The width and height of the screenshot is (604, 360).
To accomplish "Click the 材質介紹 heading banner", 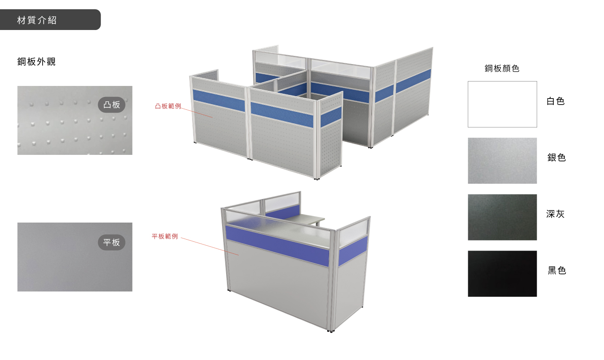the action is (x=50, y=20).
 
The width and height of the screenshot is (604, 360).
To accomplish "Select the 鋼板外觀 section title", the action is (x=36, y=62).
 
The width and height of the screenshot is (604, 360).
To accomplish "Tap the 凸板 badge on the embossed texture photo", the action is (x=111, y=105).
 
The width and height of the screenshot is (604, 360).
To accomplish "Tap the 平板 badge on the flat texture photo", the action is (x=111, y=242).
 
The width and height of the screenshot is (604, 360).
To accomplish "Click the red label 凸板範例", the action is (x=168, y=106).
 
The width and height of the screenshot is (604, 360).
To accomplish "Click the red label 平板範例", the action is (x=165, y=236).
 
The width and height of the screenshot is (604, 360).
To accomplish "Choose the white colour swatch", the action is (x=502, y=104).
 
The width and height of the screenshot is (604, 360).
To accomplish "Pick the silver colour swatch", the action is (x=502, y=161).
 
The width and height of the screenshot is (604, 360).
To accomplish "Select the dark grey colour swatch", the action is (x=502, y=217).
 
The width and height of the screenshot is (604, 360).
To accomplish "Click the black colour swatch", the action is (x=502, y=274).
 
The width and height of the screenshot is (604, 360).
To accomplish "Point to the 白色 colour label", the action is (x=555, y=101).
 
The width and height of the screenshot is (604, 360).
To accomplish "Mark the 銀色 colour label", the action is (x=557, y=157).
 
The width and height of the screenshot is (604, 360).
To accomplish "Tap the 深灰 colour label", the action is (x=555, y=214).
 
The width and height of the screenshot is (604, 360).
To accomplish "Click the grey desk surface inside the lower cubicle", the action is (x=307, y=219).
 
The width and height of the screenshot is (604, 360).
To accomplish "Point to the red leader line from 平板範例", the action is (x=210, y=246).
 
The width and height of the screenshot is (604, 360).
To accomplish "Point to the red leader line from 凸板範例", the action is (x=197, y=113).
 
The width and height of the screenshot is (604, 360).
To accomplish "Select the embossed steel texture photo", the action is (x=75, y=120).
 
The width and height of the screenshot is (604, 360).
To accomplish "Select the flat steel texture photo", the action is (x=75, y=257).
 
